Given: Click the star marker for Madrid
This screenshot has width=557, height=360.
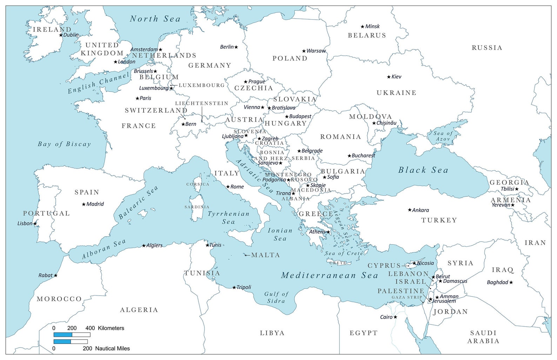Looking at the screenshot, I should tap(84, 204).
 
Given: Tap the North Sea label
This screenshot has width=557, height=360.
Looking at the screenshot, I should tap(155, 19).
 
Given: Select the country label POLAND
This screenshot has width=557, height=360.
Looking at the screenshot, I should tap(290, 59).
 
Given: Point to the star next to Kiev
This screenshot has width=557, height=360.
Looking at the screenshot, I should tap(389, 77).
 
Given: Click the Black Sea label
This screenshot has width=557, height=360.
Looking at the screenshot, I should tap(423, 170).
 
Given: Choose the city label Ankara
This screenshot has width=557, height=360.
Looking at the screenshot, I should tap(420, 210).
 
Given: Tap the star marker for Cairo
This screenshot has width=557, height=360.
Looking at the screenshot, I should tap(395, 317).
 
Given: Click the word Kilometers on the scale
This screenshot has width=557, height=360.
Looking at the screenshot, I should tap(111, 328).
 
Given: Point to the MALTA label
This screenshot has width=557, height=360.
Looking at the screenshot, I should tap(266, 255).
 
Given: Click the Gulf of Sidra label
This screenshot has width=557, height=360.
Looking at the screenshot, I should tap(276, 297).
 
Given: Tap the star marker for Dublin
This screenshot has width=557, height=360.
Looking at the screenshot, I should tap(61, 35).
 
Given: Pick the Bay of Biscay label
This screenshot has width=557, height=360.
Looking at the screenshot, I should tap(64, 144).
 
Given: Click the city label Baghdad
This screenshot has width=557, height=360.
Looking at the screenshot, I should tap(497, 282).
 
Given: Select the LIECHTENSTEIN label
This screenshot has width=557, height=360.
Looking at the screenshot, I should tap(202, 103).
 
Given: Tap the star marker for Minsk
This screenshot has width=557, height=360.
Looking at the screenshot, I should tap(363, 27).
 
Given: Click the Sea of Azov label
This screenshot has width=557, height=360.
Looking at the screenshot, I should tap(443, 136).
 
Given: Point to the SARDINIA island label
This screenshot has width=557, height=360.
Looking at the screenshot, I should tap(197, 207).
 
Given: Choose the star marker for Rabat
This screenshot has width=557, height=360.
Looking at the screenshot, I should tap(55, 276).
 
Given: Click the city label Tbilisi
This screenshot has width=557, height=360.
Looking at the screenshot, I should tap(507, 189).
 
